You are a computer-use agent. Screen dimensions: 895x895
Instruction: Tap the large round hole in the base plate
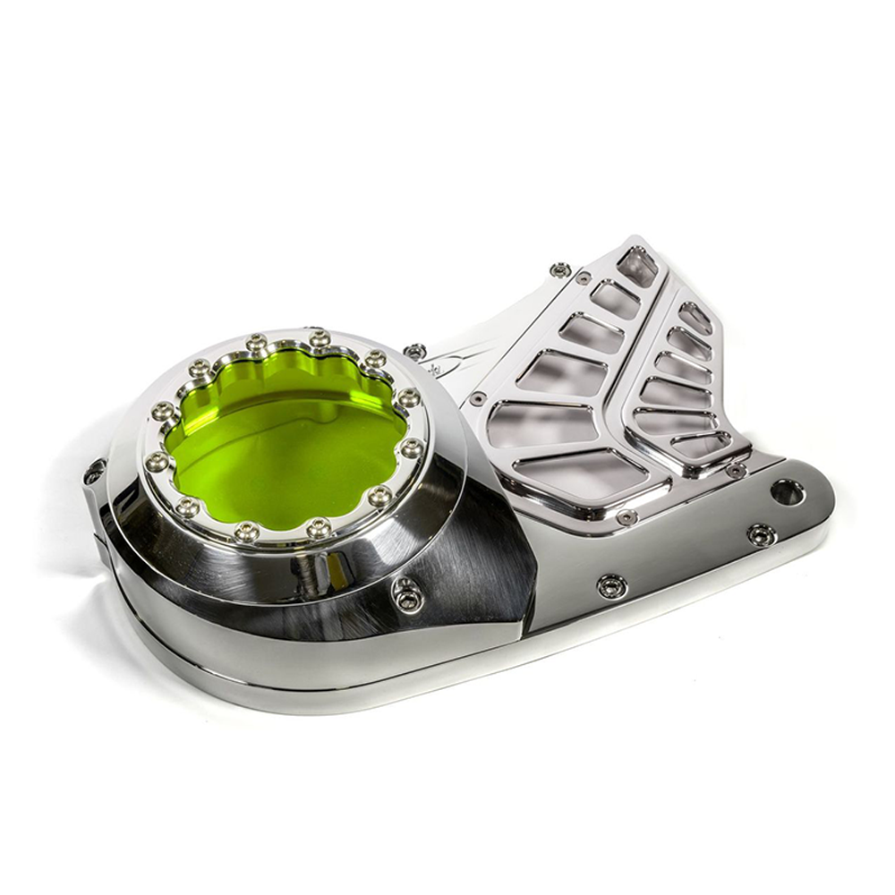788,491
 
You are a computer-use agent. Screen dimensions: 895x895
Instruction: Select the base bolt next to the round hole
761,534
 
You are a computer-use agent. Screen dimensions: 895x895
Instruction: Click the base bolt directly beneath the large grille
611,586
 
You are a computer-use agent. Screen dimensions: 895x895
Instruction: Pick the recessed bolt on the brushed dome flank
407,594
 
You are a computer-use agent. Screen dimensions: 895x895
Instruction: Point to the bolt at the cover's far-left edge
95,471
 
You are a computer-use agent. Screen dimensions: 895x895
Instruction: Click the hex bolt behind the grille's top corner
561,269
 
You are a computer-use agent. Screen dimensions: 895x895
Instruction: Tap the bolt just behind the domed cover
414,352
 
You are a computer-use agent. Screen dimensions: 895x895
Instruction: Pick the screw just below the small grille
736,470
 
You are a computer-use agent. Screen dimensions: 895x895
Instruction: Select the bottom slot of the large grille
582,472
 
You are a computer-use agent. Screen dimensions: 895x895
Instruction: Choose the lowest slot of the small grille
703,444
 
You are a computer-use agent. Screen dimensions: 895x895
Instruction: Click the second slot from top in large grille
618,298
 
